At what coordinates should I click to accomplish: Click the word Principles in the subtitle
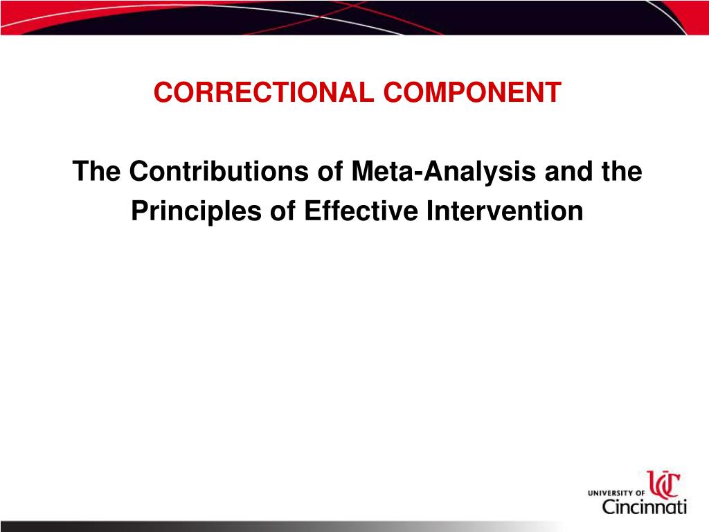click(x=201, y=211)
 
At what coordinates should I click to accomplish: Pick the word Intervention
click(x=504, y=211)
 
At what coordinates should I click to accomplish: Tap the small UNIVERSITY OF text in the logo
click(x=616, y=493)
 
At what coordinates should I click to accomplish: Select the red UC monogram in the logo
click(x=663, y=485)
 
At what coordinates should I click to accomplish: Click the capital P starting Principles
click(x=139, y=211)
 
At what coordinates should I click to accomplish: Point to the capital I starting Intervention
click(x=429, y=211)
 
